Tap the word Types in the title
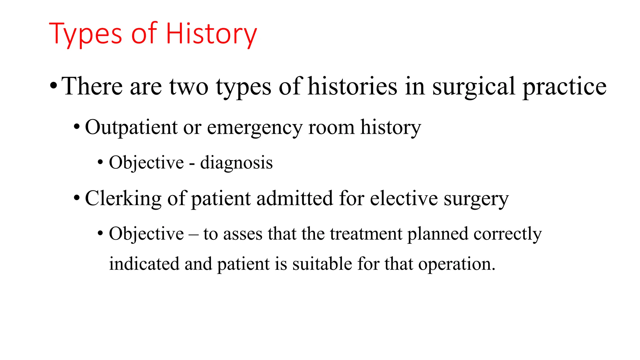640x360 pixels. coord(85,34)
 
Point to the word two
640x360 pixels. coord(189,87)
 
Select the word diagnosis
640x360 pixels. coord(236,163)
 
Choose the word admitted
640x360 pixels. coord(295,198)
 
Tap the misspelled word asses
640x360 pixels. coord(243,234)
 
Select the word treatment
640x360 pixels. coord(366,234)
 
